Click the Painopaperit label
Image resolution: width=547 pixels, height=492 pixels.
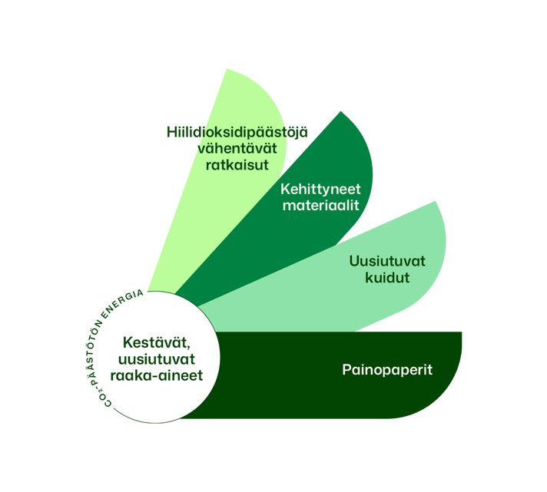coord(387,370)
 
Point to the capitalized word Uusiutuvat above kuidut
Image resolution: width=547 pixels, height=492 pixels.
coord(387,261)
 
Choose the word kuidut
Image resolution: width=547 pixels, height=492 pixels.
coord(387,278)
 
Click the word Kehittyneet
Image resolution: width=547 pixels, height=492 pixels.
coord(321,189)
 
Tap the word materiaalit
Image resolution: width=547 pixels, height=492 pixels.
coord(321,206)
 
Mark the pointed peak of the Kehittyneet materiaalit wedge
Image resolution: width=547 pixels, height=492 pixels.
coord(340,113)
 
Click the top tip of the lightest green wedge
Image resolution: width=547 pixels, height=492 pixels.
coord(227,70)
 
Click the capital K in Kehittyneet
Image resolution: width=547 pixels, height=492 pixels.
coord(286,189)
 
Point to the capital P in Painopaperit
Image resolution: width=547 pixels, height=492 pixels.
coord(346,370)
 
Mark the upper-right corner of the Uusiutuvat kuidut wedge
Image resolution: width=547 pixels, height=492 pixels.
coord(435,201)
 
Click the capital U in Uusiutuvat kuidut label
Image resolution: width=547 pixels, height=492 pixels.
coord(354,261)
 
